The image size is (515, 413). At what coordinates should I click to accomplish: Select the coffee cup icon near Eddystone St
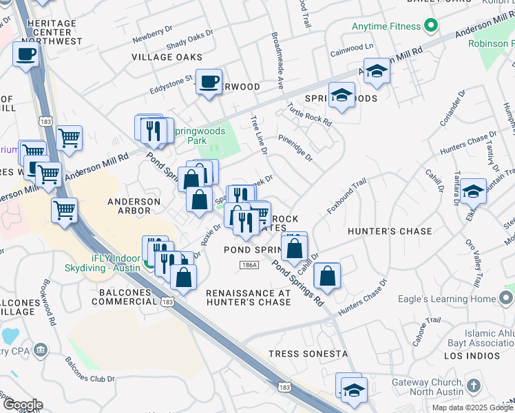tap(209, 81)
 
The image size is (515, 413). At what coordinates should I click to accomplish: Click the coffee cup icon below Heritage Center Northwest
tap(26, 54)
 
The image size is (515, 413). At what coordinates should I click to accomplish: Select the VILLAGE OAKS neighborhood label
tap(167, 57)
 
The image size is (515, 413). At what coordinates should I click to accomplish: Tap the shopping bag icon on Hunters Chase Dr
tap(328, 276)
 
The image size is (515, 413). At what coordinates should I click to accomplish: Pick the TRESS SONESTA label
tap(308, 354)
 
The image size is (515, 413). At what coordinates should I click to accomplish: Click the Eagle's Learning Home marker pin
tap(506, 299)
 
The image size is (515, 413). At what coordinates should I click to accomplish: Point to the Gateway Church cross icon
tap(473, 387)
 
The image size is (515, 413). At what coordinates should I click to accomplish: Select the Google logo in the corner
tap(22, 404)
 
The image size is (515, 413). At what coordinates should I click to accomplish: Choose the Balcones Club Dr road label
tap(90, 370)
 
